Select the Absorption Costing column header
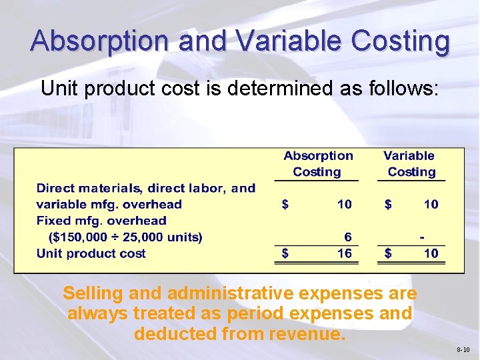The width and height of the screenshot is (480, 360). click(x=318, y=163)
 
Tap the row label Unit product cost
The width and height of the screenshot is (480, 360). click(x=91, y=253)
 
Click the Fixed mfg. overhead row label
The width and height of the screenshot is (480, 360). click(x=101, y=220)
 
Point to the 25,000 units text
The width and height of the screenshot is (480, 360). click(x=166, y=237)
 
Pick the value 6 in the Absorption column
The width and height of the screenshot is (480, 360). click(x=347, y=237)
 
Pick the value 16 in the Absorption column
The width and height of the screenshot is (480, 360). click(x=344, y=253)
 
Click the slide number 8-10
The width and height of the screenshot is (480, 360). click(x=463, y=349)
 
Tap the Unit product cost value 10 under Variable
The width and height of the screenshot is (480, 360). click(x=431, y=253)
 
